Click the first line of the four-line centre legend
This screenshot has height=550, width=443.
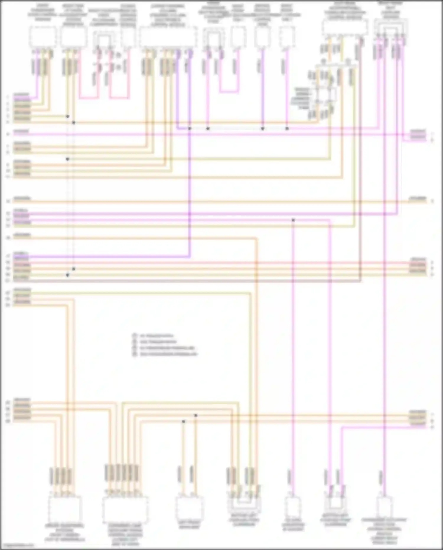156,336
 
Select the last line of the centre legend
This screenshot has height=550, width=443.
168,354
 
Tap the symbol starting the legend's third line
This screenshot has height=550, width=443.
135,348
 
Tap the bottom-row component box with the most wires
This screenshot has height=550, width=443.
125,510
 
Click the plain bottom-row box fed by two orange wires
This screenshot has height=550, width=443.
189,508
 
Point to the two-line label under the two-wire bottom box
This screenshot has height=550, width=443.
189,525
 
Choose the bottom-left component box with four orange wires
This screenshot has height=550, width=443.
64,509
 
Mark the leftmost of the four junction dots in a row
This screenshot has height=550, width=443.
190,129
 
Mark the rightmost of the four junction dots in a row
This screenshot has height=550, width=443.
287,129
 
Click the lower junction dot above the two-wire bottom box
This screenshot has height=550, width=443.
183,421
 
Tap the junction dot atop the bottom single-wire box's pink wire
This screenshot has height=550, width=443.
293,220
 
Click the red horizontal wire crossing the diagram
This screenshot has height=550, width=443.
207,263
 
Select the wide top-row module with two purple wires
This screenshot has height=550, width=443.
168,37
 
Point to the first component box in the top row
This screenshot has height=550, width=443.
43,37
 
